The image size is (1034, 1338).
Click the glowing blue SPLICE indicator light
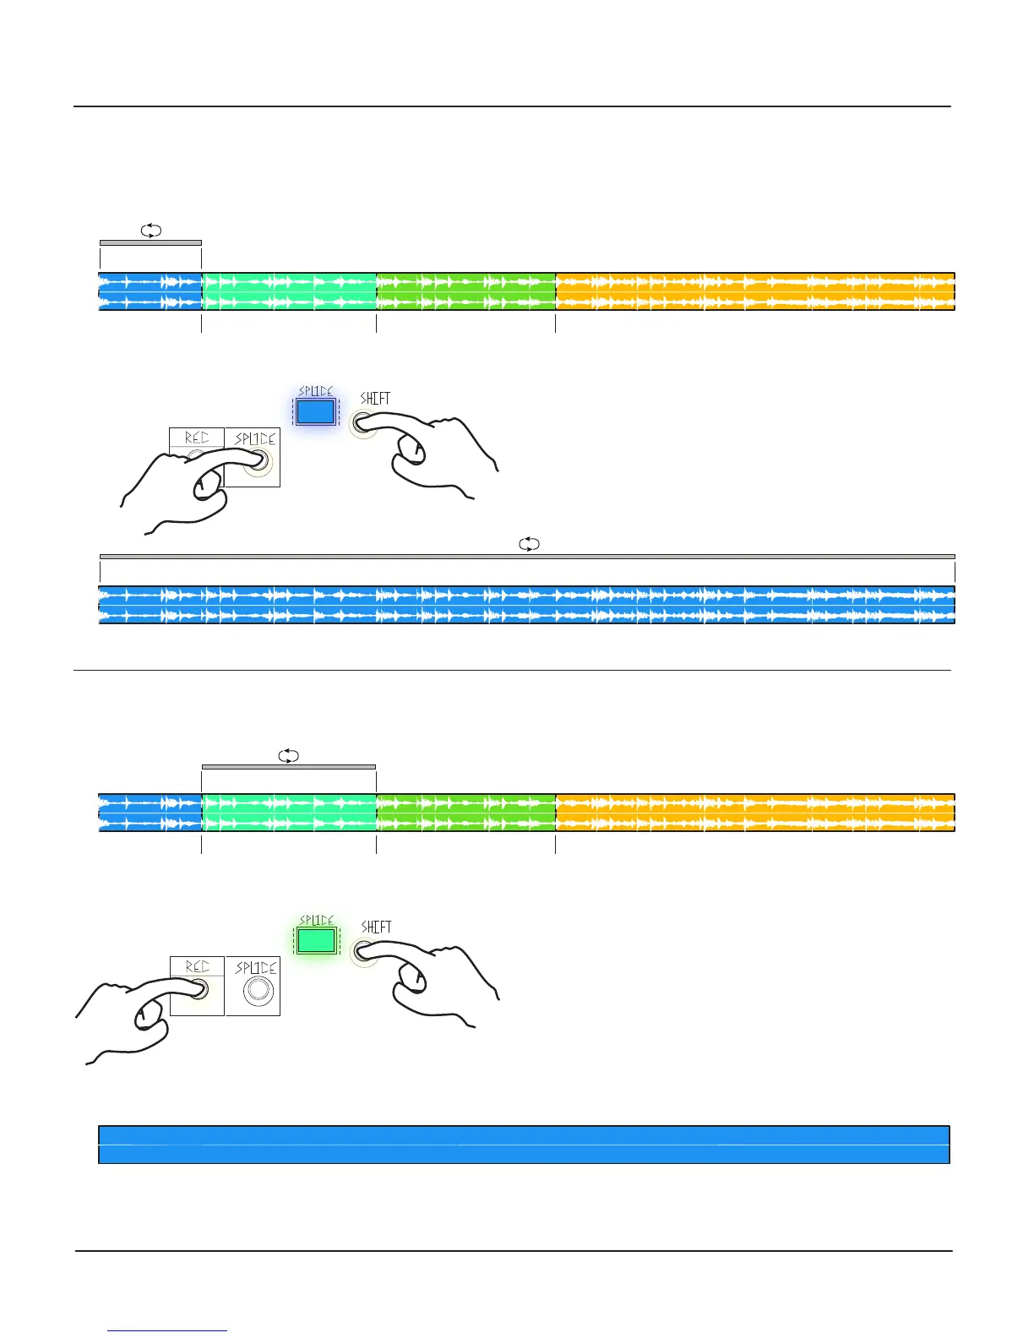coord(316,411)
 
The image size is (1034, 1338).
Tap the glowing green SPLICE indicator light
coord(317,940)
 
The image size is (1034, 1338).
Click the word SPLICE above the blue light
coord(316,391)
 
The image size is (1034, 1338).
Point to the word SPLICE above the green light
coord(317,920)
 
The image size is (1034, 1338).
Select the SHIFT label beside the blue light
coord(375,398)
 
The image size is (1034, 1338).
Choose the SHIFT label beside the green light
coord(376,927)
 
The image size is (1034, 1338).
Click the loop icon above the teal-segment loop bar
coord(289,756)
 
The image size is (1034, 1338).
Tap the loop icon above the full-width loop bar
coord(529,545)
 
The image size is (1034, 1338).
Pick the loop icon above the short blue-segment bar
coord(150,231)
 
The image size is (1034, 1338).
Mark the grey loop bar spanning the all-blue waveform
coord(527,557)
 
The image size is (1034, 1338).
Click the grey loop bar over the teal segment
coord(289,767)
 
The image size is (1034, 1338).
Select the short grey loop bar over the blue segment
coord(150,242)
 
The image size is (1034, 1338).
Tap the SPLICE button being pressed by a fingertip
coord(259,461)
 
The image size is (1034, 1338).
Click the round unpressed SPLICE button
coord(258,990)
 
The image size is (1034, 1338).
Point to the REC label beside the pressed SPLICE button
coord(197,438)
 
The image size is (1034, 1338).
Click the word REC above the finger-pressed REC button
coord(197,966)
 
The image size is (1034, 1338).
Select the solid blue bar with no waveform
coord(524,1145)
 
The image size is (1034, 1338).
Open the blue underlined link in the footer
coord(168,1330)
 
